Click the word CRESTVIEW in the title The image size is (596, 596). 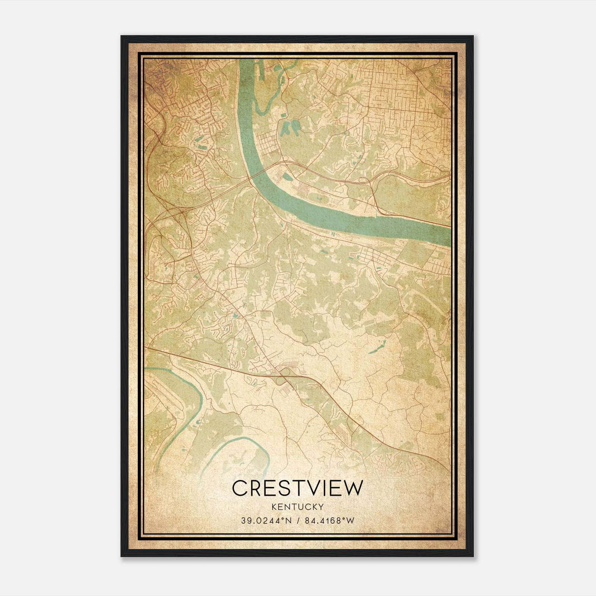(297, 488)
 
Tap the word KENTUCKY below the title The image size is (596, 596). (297, 507)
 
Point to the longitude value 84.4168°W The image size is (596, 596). (329, 521)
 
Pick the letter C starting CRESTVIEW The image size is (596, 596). (240, 488)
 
